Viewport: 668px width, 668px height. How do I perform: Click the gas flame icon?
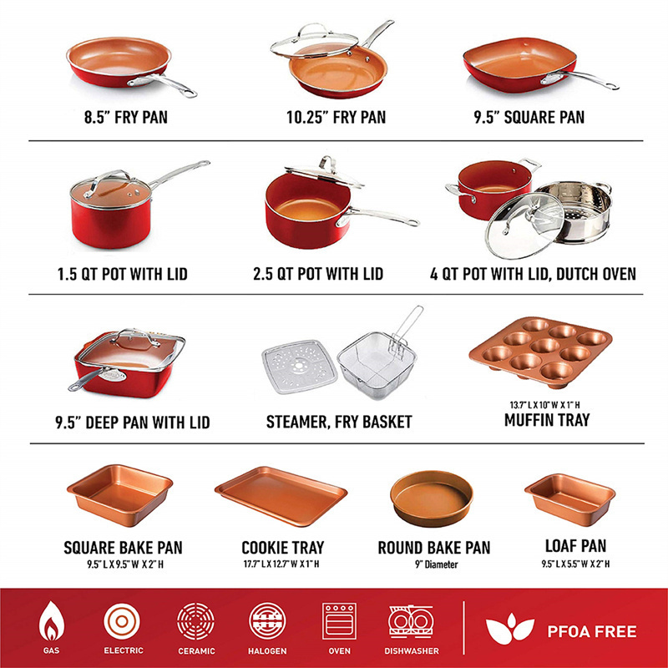click(51, 621)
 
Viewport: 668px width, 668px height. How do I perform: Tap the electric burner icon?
click(121, 621)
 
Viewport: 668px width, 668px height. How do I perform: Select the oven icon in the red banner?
click(339, 621)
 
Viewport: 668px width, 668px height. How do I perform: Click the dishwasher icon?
click(411, 621)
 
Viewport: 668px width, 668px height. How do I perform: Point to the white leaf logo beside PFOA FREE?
click(509, 629)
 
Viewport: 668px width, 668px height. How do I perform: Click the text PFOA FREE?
click(592, 631)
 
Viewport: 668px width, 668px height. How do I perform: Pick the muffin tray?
click(541, 352)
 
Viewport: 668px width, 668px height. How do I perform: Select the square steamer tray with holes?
click(299, 367)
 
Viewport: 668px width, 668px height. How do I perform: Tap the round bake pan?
click(431, 498)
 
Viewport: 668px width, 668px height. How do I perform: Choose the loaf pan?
click(570, 499)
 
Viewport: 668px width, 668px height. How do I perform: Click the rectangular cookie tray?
click(281, 496)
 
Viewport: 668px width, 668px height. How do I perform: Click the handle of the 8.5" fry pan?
click(164, 84)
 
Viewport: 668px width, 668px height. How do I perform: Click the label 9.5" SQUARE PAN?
click(529, 118)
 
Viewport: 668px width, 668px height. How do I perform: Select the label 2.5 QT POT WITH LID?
click(318, 274)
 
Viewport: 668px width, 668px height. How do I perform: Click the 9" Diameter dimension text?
click(436, 564)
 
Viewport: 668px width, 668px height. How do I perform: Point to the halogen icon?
click(267, 621)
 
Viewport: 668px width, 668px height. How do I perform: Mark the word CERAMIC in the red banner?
click(196, 651)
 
